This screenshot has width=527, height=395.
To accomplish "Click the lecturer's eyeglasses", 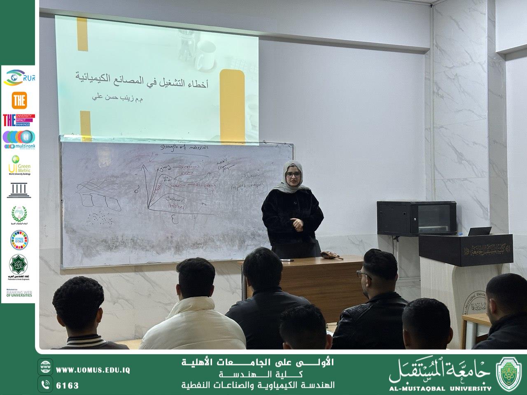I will point(293,174).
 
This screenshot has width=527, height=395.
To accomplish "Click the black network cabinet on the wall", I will point(416,218).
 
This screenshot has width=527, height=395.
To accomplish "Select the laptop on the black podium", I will point(480,231).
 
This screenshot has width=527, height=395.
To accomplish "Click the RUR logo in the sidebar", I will point(19,78).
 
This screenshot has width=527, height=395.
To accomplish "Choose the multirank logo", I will point(19,139).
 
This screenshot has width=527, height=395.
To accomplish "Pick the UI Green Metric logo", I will point(19,165).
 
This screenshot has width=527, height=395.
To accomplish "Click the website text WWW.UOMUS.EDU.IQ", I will point(93,370).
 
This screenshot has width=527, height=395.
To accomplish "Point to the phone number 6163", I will point(67,386).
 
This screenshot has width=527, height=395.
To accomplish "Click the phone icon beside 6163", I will point(46,385).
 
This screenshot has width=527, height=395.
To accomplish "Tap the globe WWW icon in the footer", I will point(46,366).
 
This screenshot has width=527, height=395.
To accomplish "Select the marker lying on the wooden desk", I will point(287,260).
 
